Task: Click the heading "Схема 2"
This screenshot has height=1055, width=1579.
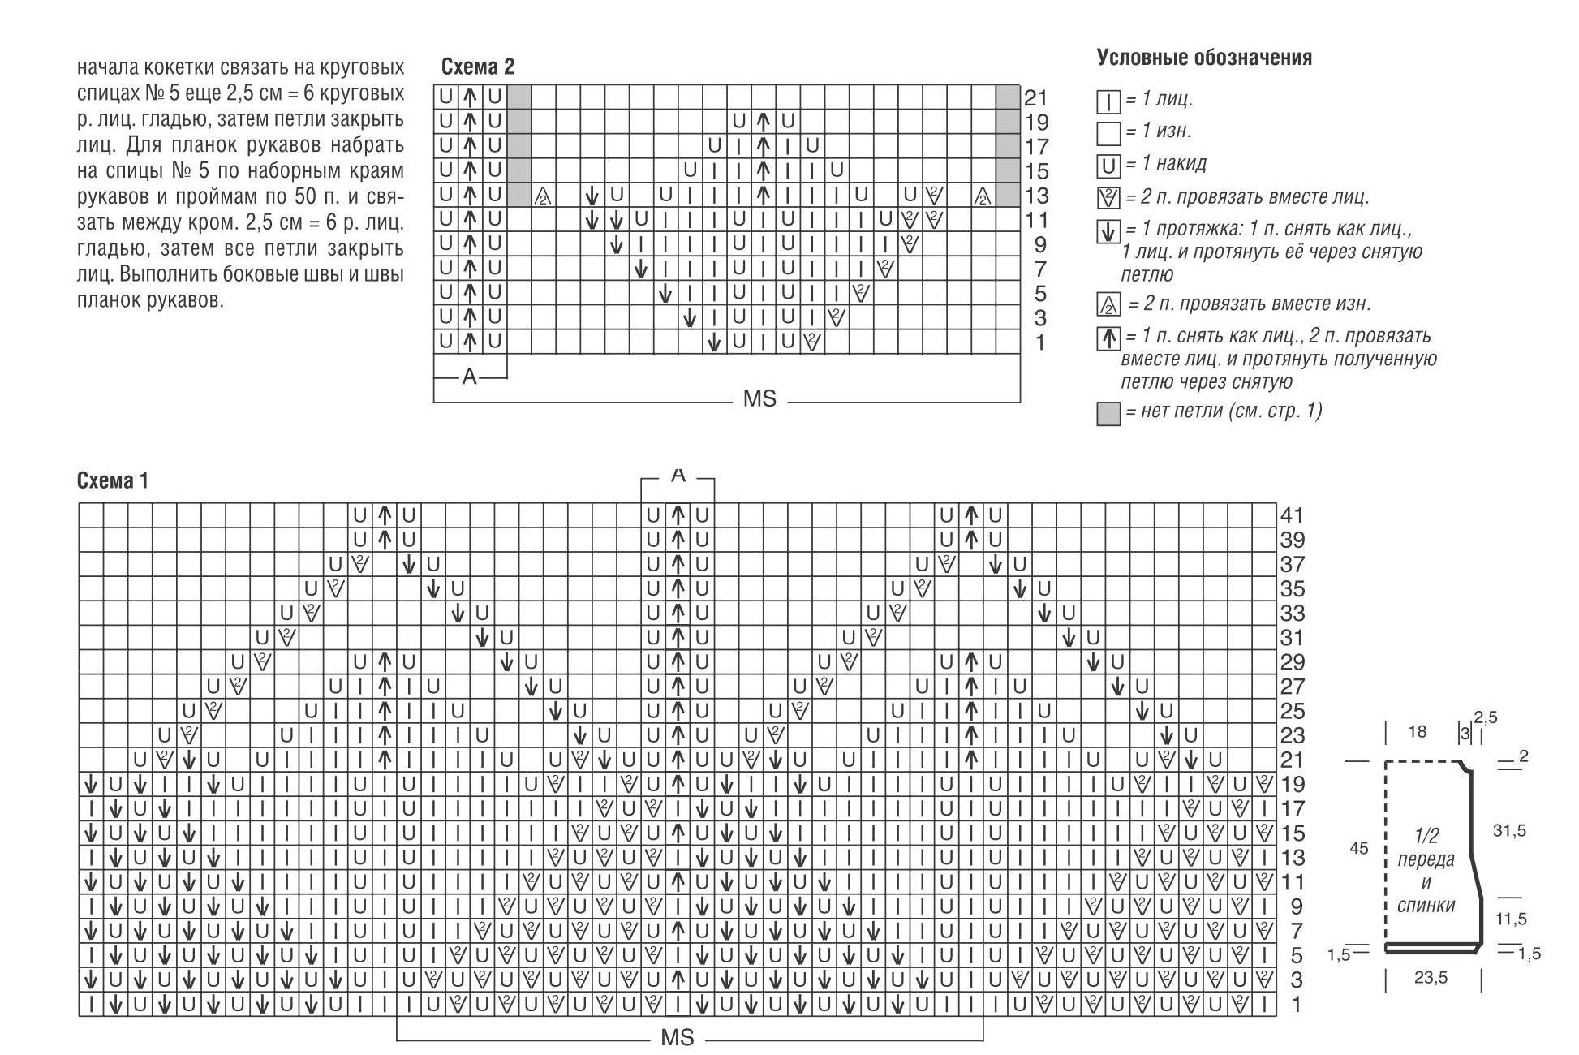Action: pos(477,67)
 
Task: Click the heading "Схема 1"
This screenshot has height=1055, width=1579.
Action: pos(113,480)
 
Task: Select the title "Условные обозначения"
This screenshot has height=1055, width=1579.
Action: pos(1204,58)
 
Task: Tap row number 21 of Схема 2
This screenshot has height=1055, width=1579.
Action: pos(1036,98)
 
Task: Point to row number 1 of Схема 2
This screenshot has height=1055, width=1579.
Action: pos(1040,342)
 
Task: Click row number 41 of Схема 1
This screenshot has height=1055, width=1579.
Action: pos(1292,515)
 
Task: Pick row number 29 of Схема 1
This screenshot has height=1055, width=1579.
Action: pos(1292,662)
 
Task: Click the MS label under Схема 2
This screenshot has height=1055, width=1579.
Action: pos(759,399)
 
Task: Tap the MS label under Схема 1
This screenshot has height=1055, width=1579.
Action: pos(678,1038)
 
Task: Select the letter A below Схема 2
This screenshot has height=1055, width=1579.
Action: pos(469,377)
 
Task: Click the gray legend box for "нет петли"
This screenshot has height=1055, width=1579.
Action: pos(1108,413)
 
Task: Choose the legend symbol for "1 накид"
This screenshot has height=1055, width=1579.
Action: pos(1108,166)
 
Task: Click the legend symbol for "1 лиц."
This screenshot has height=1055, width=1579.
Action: pos(1108,101)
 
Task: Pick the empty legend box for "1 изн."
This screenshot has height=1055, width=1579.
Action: pos(1108,133)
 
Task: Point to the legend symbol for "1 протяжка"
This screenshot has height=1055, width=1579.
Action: pos(1108,232)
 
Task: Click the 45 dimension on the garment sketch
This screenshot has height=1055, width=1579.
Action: pos(1358,848)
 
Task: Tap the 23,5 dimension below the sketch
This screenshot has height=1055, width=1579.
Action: pos(1431,978)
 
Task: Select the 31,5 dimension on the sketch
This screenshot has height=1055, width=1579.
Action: pos(1509,830)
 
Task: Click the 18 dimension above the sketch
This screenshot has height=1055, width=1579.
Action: pos(1417,732)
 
